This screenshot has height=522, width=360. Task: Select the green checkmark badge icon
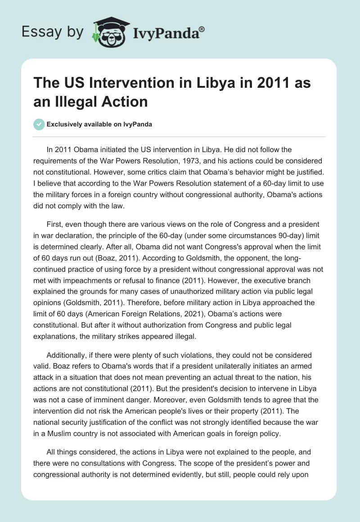(39, 125)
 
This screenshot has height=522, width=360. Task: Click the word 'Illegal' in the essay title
(82, 101)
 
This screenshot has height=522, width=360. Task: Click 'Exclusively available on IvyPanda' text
(99, 125)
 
